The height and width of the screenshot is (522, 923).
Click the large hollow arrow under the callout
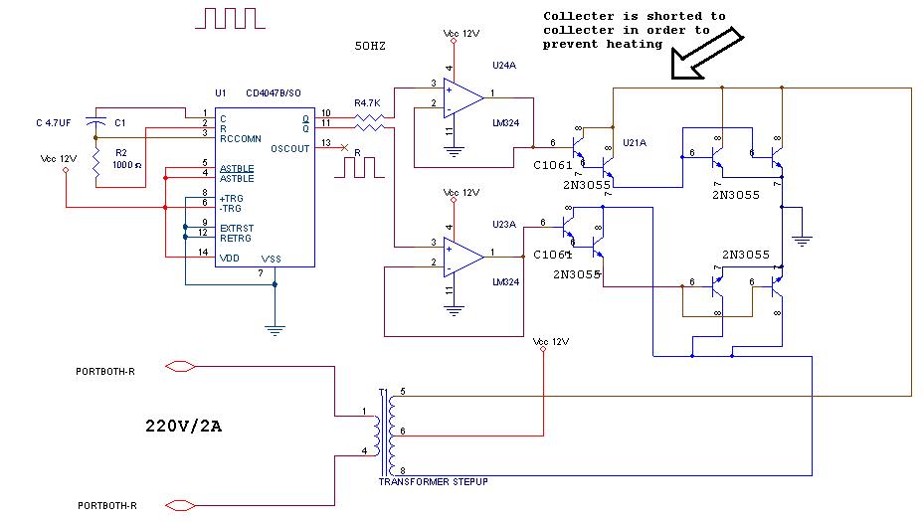click(707, 55)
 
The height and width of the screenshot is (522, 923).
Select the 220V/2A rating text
click(183, 428)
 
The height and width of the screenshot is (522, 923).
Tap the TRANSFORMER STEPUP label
click(433, 481)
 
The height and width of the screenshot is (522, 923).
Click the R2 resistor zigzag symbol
click(96, 166)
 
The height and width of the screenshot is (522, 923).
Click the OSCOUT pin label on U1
click(289, 148)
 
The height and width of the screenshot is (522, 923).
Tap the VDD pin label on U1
click(230, 258)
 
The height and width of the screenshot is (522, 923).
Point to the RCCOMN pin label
click(241, 138)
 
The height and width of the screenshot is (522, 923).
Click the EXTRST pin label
click(236, 228)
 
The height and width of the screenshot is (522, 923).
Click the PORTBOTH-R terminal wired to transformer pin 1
click(179, 366)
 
